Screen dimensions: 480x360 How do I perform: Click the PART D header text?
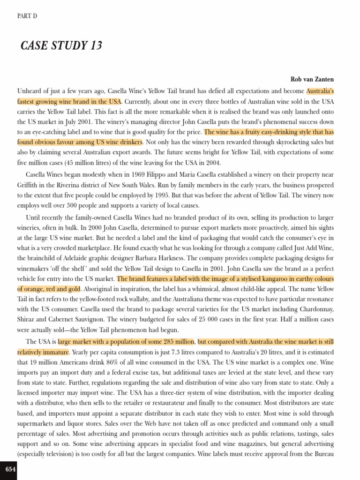[27, 16]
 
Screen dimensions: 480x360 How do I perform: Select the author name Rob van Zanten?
[312, 80]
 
